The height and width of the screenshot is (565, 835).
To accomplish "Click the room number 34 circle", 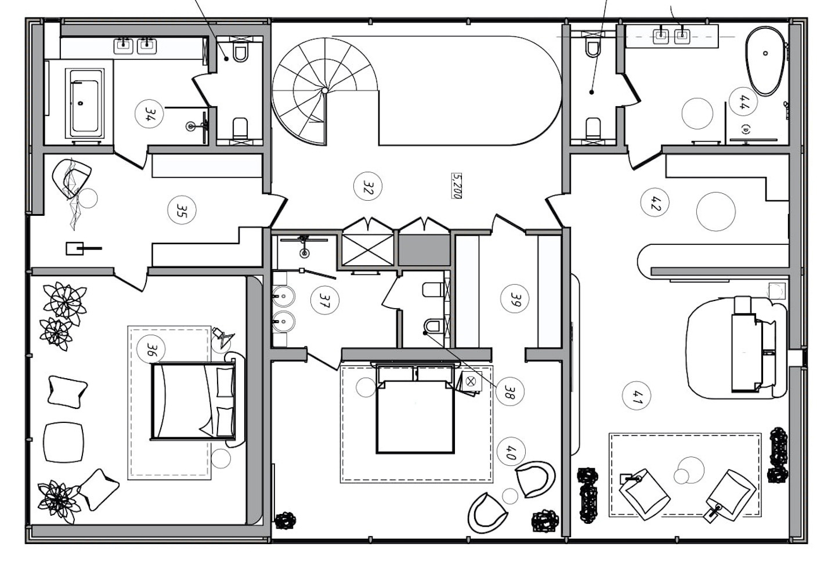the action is (150, 114).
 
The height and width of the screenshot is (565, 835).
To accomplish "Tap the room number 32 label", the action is (367, 186).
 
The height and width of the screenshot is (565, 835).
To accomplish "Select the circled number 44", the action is (743, 102).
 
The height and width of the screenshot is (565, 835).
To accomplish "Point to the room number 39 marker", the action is (515, 299).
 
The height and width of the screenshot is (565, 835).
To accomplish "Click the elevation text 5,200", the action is (456, 186).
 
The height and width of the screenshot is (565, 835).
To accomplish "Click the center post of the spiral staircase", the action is (325, 90).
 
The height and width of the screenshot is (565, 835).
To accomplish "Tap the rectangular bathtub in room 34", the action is (85, 103).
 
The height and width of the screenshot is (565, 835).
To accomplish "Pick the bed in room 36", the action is (193, 401).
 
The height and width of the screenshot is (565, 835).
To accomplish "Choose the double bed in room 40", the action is (415, 409).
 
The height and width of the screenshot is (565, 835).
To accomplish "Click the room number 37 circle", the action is (325, 300).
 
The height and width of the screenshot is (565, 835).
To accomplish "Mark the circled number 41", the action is (637, 396).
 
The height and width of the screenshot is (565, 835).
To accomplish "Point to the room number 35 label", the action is (182, 210).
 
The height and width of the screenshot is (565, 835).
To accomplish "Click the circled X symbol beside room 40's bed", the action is (471, 381).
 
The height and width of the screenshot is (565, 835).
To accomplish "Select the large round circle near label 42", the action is (715, 211).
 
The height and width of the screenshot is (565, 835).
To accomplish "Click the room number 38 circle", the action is (510, 392).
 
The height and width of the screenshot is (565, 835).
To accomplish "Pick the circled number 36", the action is (151, 349).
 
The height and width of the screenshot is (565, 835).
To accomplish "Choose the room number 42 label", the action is (655, 202).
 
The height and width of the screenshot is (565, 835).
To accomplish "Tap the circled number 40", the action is (511, 452).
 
